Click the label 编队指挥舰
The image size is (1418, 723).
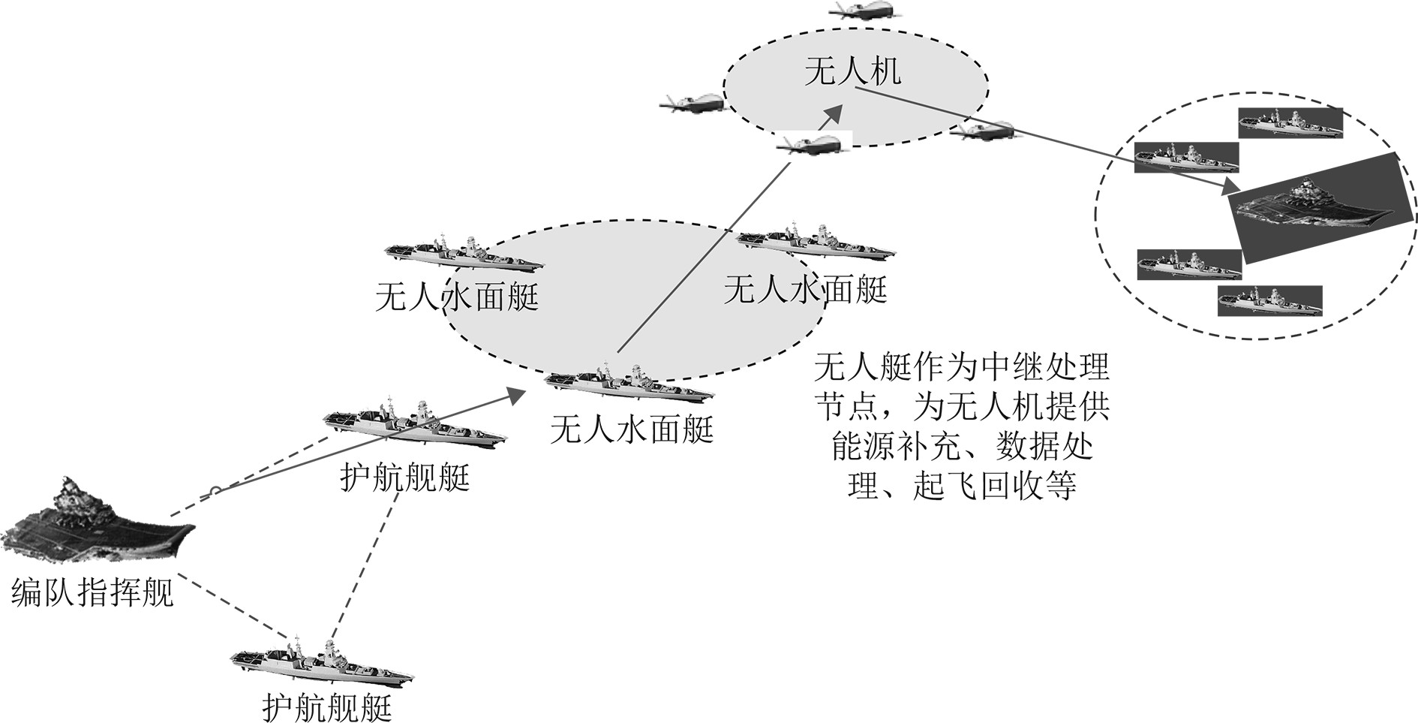click(x=92, y=593)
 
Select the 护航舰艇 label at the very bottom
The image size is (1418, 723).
click(x=328, y=706)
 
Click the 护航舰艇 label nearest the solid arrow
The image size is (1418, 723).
click(x=404, y=477)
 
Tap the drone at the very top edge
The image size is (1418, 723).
click(x=867, y=9)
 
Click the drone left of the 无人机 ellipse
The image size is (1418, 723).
click(x=692, y=103)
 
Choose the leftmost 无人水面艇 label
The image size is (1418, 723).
click(x=457, y=297)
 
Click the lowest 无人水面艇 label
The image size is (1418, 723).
click(x=632, y=429)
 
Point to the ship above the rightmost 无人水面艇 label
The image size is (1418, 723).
click(x=816, y=241)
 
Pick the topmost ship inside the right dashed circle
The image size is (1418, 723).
click(x=1289, y=122)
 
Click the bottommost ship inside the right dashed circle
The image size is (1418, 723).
click(x=1269, y=300)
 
